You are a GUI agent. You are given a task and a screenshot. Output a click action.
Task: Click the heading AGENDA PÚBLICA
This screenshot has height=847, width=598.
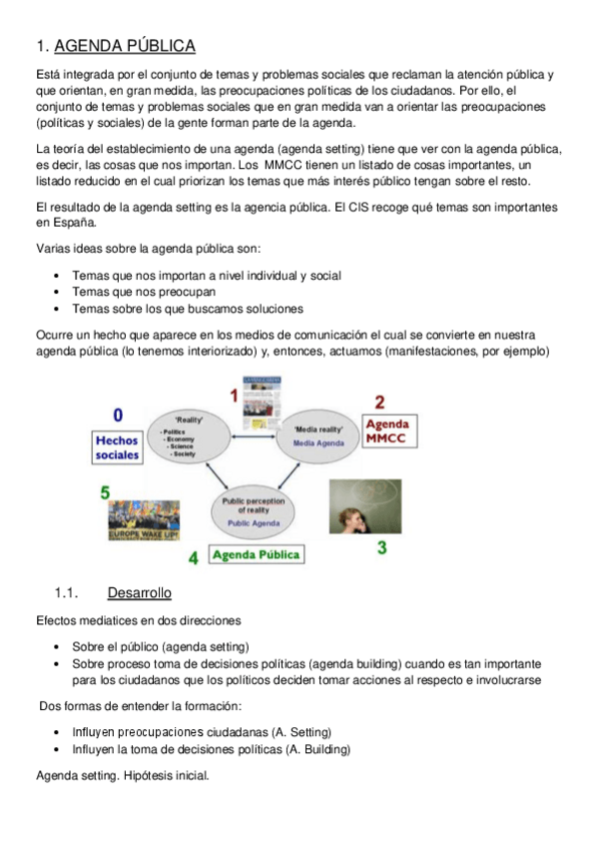[125, 46]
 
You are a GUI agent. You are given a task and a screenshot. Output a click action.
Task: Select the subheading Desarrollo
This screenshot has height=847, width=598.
[139, 593]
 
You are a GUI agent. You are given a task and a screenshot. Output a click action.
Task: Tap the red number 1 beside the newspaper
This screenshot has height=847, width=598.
[234, 397]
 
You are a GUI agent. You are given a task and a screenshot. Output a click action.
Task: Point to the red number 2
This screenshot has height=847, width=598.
[379, 403]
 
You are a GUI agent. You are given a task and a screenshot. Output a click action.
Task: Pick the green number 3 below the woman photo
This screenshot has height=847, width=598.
[381, 547]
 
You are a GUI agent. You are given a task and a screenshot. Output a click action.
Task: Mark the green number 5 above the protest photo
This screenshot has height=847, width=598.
[105, 491]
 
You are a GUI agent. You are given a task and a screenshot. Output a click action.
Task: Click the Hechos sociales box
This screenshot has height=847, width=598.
[118, 446]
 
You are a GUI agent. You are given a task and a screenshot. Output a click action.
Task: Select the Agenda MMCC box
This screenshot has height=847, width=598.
[386, 431]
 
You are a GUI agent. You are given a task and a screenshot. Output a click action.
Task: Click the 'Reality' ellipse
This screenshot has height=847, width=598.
[190, 436]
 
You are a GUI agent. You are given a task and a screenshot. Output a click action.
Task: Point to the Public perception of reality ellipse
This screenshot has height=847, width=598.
[253, 511]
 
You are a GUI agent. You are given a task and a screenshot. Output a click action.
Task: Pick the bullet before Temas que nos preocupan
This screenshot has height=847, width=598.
[59, 292]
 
